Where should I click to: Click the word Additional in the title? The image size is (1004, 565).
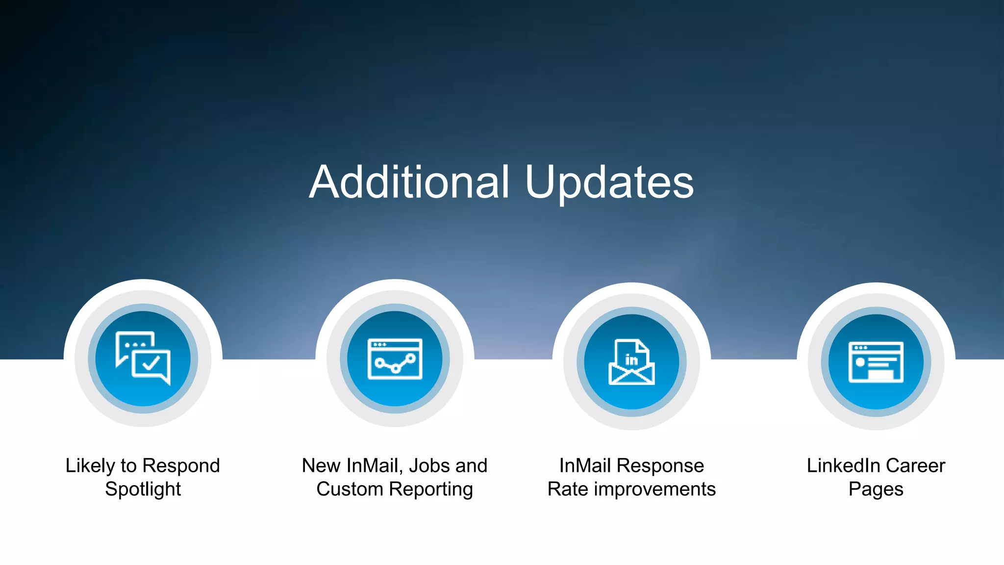(410, 182)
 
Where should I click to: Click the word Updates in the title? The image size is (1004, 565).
(609, 183)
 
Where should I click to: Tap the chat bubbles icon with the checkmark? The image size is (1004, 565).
(143, 358)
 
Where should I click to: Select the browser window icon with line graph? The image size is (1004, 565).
(395, 359)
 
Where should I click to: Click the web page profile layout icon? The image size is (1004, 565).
(876, 362)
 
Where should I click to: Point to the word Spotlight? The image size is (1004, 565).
(143, 489)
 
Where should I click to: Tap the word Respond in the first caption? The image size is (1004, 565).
(181, 466)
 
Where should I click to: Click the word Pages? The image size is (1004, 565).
(876, 489)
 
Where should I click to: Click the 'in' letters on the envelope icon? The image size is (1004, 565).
(631, 360)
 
